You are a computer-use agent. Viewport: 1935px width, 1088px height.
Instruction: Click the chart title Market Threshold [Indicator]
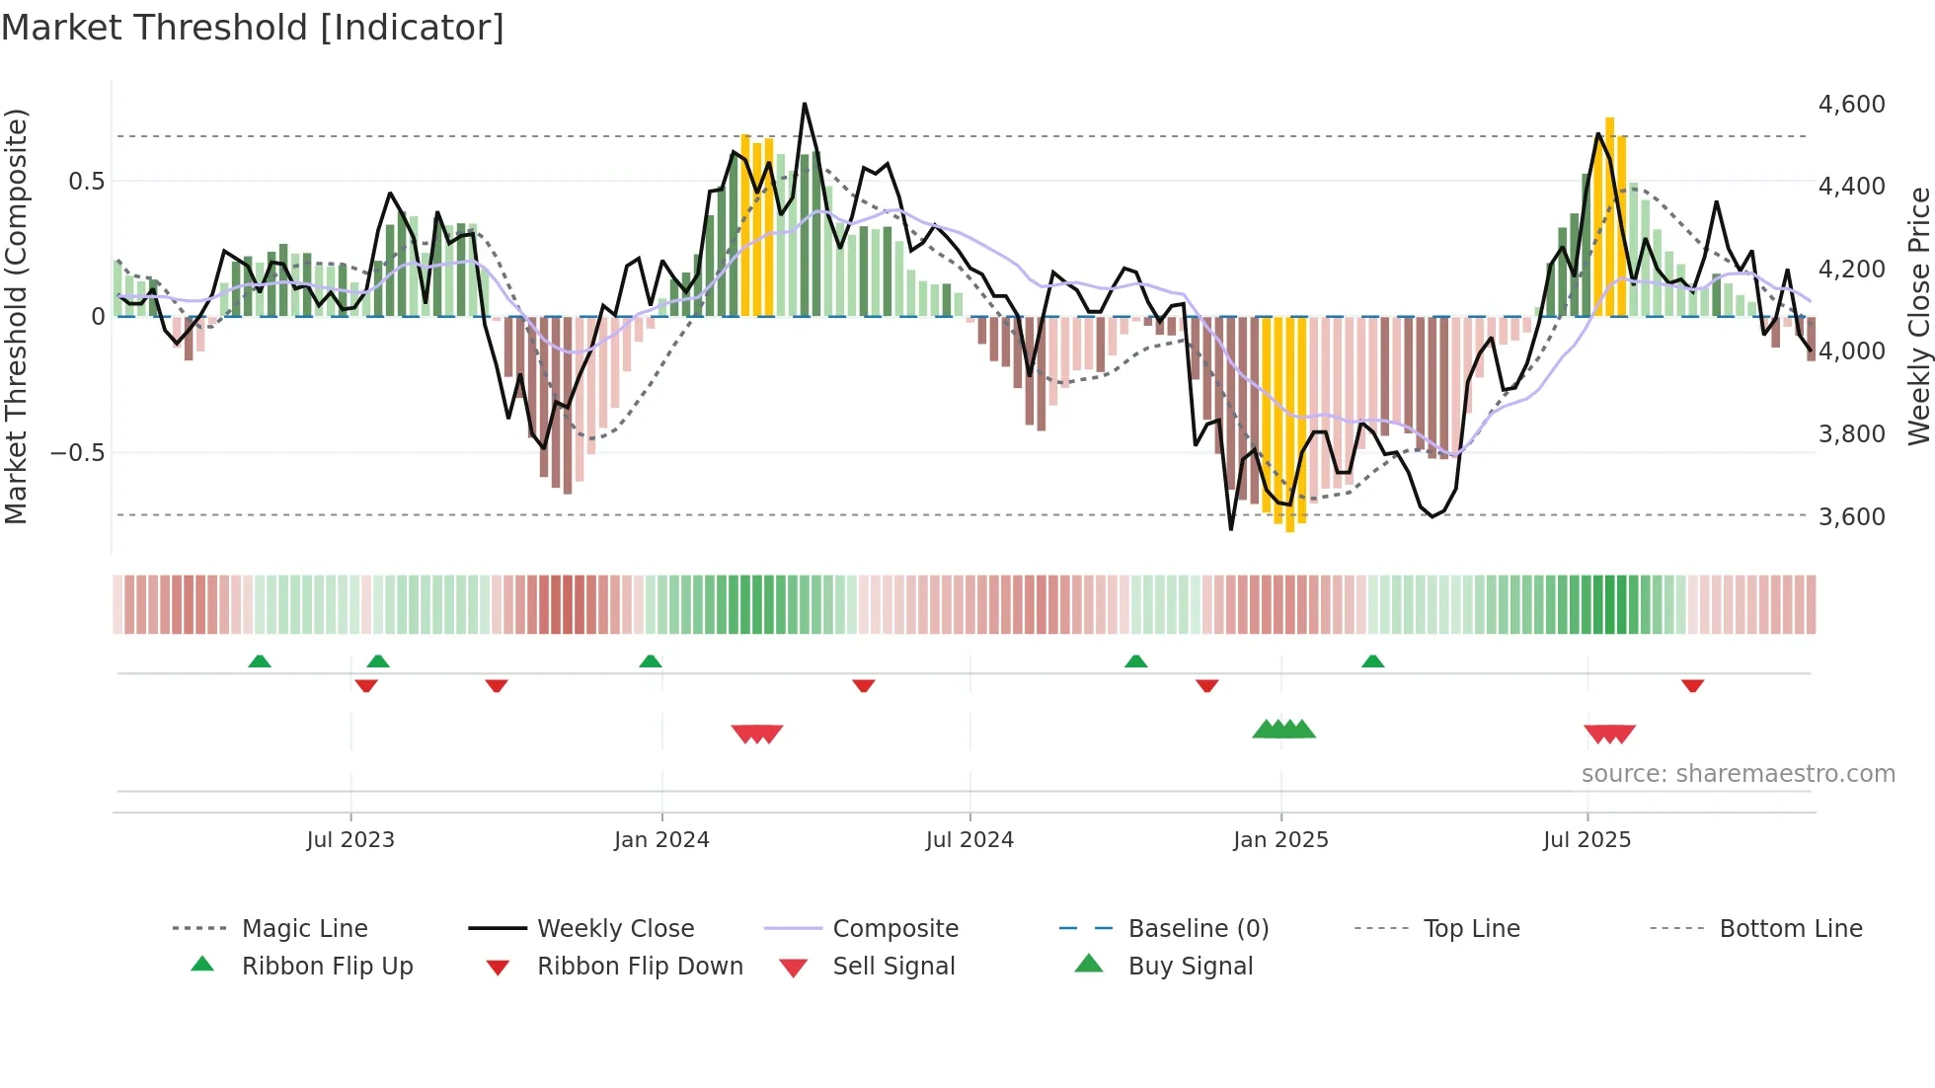click(253, 28)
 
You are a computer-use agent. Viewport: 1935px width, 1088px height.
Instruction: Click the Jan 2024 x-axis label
click(661, 840)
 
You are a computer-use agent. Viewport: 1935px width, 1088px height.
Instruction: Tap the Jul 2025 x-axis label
click(1587, 840)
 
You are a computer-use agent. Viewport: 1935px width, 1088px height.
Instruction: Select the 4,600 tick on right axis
click(1851, 105)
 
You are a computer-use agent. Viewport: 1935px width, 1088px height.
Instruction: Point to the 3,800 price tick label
click(1851, 434)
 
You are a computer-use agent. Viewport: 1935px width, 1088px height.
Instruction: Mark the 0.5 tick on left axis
click(86, 182)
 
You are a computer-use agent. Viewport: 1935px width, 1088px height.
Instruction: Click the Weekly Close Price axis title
click(1918, 316)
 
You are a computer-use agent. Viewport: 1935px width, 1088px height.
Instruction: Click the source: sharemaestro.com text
click(1738, 774)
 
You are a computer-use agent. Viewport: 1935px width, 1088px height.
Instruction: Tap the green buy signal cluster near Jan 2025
click(1283, 730)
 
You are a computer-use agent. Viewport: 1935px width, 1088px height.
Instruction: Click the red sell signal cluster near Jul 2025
click(1609, 734)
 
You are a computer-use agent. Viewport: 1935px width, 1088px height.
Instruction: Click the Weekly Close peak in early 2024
click(805, 105)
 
